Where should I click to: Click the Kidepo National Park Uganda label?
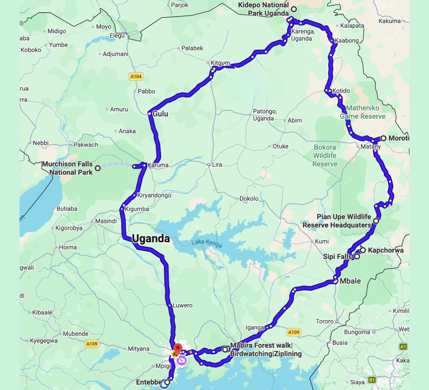pyautogui.click(x=264, y=9)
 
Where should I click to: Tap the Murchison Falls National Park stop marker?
pyautogui.click(x=98, y=168)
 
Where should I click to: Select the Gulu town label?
pyautogui.click(x=160, y=114)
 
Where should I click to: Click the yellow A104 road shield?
pyautogui.click(x=136, y=77)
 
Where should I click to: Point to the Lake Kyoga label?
pyautogui.click(x=207, y=243)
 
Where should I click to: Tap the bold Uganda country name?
pyautogui.click(x=151, y=239)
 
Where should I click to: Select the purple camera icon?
pyautogui.click(x=181, y=360)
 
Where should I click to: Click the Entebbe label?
pyautogui.click(x=149, y=382)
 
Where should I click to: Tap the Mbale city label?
pyautogui.click(x=350, y=281)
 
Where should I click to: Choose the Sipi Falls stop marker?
pyautogui.click(x=357, y=256)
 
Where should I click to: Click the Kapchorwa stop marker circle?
pyautogui.click(x=363, y=250)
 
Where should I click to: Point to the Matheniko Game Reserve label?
pyautogui.click(x=363, y=112)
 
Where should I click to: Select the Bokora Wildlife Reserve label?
pyautogui.click(x=325, y=156)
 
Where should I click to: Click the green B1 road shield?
pyautogui.click(x=372, y=380)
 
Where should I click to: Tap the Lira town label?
pyautogui.click(x=217, y=165)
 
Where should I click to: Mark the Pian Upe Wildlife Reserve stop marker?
pyautogui.click(x=376, y=221)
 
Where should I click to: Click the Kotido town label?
pyautogui.click(x=341, y=91)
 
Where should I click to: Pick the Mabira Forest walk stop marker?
pyautogui.click(x=225, y=349)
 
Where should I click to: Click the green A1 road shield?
pyautogui.click(x=403, y=347)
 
